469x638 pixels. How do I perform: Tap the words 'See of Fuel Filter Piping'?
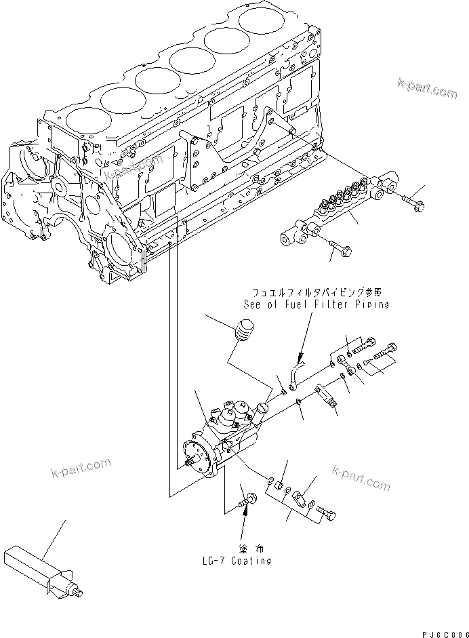click(x=316, y=304)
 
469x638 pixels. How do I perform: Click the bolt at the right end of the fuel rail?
click(x=411, y=201)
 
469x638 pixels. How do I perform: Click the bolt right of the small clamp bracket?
click(x=325, y=514)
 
